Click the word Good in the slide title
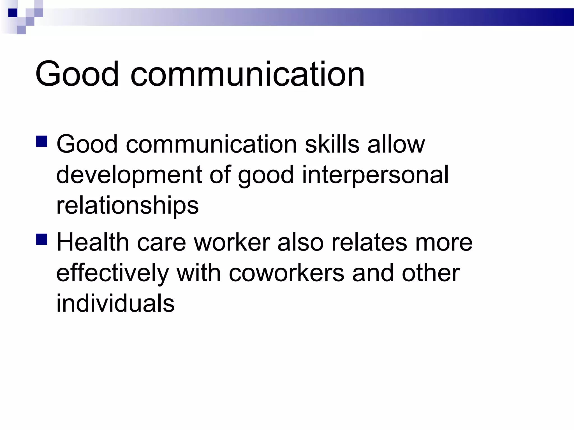[x=77, y=74]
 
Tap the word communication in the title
[x=247, y=74]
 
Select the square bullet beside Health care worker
[x=41, y=239]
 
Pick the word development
[x=129, y=175]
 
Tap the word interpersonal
[x=375, y=175]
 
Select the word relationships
[x=128, y=206]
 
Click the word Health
[x=92, y=242]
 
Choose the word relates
[x=369, y=242]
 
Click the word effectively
[x=113, y=273]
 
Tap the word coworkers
[x=286, y=273]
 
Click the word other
[x=431, y=273]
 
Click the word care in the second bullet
[x=161, y=242]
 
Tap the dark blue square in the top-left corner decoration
[x=13, y=13]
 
